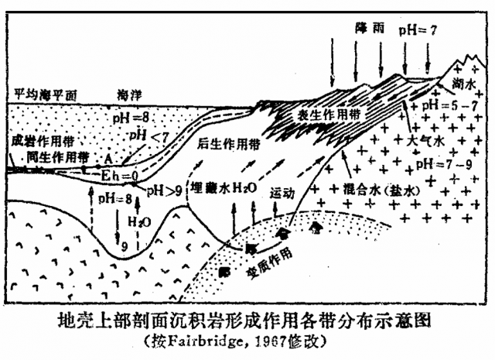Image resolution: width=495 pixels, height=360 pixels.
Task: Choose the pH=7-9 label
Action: point(438,164)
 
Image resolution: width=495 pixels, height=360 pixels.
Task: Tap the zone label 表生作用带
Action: point(326,115)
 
